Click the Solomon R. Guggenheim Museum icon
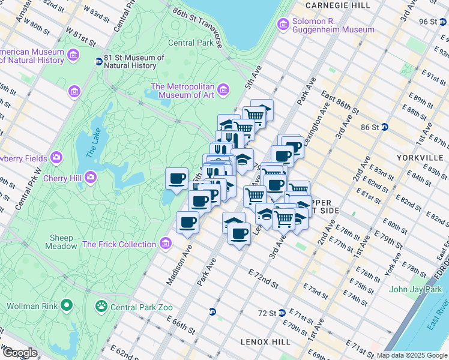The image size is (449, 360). [282, 24]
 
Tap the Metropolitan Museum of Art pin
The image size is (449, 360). [223, 90]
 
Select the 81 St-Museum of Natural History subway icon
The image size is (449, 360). [98, 61]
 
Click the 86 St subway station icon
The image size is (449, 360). [385, 127]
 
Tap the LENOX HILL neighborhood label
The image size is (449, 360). [265, 341]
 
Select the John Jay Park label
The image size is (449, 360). [415, 289]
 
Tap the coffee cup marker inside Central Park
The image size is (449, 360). [176, 178]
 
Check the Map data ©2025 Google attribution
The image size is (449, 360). [411, 355]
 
